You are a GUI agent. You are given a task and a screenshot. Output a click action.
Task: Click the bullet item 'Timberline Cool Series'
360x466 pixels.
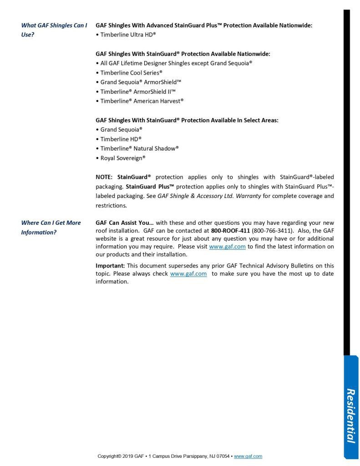point(131,72)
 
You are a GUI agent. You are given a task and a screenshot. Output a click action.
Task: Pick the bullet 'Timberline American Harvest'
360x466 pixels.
point(142,101)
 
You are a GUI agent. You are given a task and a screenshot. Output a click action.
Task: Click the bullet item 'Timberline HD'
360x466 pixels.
point(121,139)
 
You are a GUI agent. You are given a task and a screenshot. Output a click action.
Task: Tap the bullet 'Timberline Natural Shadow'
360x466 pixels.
point(139,148)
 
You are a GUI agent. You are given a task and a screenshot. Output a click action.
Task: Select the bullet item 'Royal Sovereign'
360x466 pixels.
point(122,158)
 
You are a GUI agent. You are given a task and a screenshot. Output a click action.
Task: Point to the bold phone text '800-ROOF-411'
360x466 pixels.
point(230,230)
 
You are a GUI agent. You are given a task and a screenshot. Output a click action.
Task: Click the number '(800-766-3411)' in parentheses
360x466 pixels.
point(273,230)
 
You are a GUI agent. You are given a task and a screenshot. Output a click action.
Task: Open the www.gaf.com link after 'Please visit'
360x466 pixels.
point(227,247)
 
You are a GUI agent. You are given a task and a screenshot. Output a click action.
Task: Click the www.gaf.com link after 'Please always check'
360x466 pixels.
point(188,274)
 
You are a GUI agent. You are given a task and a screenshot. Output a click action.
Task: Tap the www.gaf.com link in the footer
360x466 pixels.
point(248,456)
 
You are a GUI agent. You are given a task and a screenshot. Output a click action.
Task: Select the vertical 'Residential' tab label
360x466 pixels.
point(350,415)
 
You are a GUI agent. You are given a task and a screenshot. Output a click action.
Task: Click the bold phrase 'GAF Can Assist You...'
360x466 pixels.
point(125,223)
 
